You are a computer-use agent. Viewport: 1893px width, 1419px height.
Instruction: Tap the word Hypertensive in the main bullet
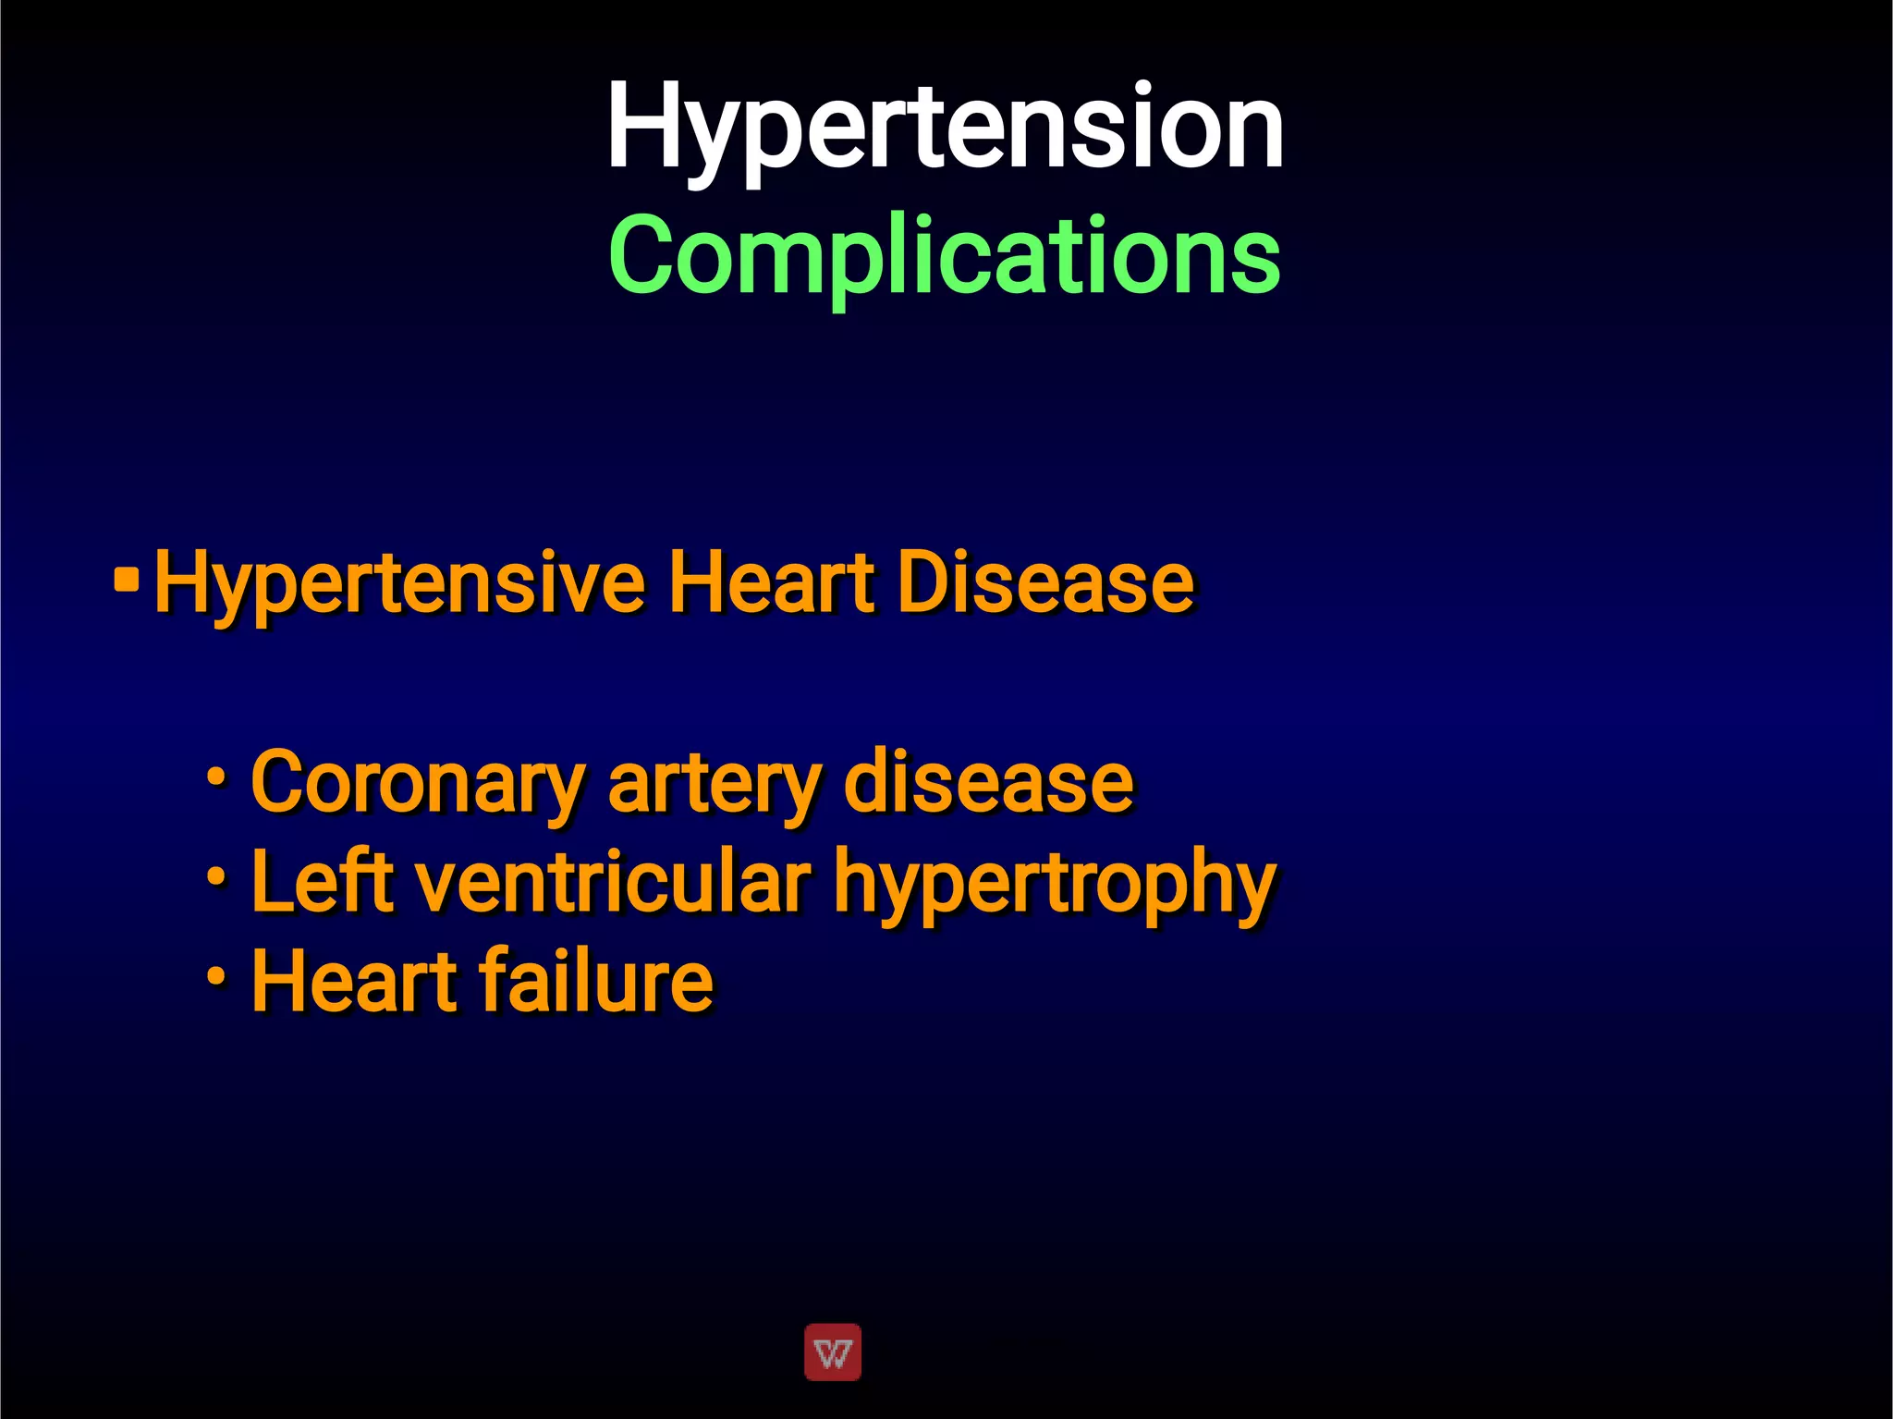(399, 582)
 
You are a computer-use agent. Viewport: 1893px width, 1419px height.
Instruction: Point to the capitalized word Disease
(1045, 582)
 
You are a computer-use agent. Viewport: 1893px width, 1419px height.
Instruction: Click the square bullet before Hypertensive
(126, 581)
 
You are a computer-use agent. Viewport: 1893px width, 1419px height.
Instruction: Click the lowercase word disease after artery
(988, 782)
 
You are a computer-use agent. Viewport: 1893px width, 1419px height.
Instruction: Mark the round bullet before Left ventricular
(216, 875)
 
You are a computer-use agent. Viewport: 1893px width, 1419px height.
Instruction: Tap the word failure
(596, 981)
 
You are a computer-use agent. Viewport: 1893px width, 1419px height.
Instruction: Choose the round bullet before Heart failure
(216, 975)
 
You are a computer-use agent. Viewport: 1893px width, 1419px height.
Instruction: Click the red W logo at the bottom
(833, 1352)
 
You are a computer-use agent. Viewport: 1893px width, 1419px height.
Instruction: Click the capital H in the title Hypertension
(641, 126)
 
